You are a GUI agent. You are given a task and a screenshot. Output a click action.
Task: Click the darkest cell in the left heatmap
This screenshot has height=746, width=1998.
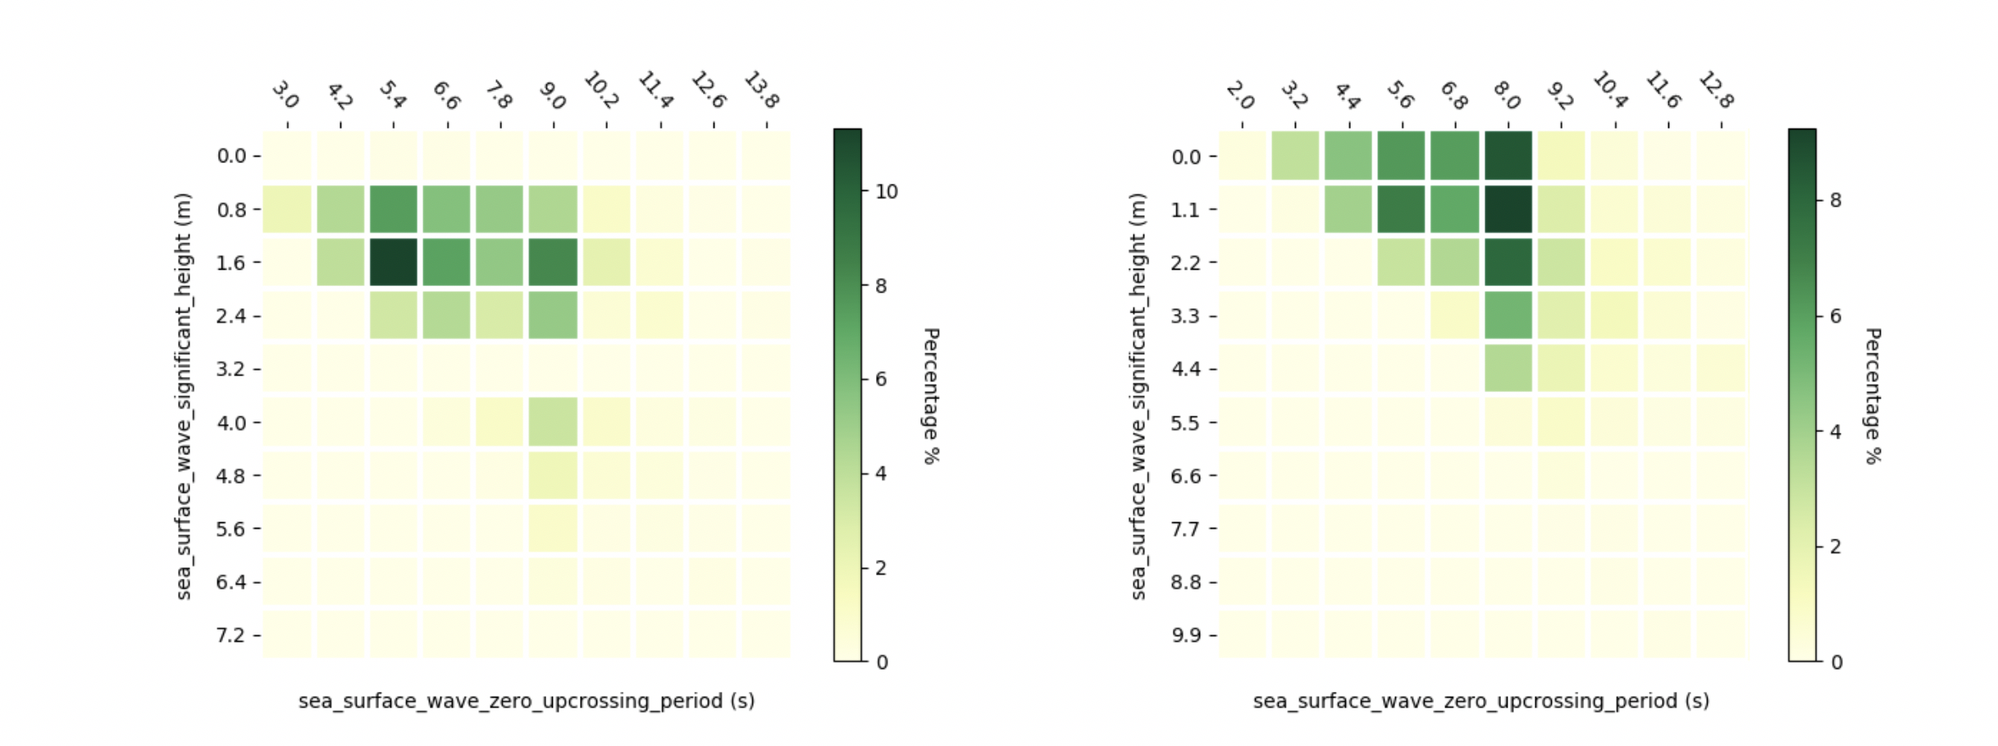point(394,262)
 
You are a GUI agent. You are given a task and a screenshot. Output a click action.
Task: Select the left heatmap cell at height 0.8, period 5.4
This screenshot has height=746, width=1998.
point(394,209)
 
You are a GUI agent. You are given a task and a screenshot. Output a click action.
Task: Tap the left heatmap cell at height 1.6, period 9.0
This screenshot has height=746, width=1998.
point(554,262)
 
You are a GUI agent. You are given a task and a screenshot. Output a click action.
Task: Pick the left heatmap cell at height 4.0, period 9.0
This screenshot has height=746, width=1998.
point(554,422)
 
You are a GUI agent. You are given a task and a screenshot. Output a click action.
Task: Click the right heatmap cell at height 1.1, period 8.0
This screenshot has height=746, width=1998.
point(1508,209)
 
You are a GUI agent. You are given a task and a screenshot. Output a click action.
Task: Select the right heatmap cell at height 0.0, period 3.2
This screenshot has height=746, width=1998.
point(1296,156)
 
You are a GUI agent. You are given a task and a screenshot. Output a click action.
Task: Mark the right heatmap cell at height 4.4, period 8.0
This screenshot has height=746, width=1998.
point(1508,369)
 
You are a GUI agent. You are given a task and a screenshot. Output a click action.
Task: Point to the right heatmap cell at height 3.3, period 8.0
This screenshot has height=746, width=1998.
point(1508,316)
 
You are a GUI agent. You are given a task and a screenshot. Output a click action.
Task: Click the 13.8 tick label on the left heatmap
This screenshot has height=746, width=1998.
point(761,90)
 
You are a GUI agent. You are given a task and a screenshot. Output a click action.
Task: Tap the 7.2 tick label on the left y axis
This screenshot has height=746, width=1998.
point(230,635)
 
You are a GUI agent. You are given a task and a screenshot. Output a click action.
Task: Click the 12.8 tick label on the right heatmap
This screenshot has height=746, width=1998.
point(1716,90)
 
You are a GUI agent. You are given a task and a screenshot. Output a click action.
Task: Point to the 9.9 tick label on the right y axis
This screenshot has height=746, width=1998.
point(1185,635)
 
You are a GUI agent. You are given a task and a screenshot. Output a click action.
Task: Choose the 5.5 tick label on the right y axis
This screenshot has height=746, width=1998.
point(1185,423)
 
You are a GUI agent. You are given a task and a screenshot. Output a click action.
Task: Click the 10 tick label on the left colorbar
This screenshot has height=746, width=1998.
point(887,192)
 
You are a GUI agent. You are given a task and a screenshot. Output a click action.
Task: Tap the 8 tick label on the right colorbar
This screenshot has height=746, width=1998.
point(1836,201)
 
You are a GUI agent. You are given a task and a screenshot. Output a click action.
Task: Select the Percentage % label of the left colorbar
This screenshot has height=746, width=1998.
point(931,396)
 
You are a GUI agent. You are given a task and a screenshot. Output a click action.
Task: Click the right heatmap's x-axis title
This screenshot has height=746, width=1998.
point(1481,701)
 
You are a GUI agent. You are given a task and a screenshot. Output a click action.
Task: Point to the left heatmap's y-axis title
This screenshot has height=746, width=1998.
point(184,396)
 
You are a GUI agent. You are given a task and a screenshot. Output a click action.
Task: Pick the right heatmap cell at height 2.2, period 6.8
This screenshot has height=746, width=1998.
point(1455,262)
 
